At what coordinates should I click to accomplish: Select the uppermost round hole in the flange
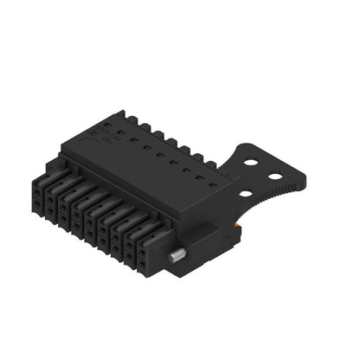251,162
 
